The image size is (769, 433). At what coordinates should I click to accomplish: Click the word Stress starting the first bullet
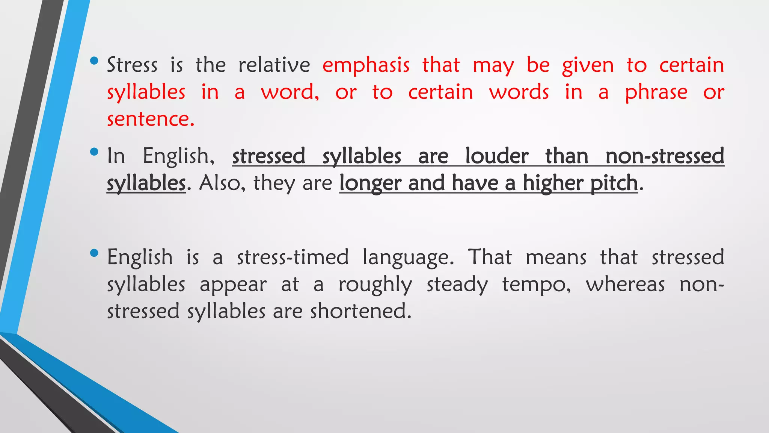(132, 65)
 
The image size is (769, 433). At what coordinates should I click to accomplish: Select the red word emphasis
(366, 65)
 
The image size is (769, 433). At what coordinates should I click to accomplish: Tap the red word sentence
(151, 119)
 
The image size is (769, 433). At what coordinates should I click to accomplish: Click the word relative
(274, 65)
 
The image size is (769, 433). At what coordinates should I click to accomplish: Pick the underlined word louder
(497, 156)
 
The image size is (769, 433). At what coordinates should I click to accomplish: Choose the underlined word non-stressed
(665, 156)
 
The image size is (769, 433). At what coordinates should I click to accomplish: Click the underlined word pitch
(614, 183)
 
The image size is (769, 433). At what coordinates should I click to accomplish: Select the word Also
(220, 183)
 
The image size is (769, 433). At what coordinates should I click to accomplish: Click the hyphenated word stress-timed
(293, 257)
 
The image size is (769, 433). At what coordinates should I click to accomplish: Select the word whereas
(625, 284)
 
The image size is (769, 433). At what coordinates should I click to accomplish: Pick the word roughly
(375, 285)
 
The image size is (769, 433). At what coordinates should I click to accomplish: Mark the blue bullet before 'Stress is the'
(94, 61)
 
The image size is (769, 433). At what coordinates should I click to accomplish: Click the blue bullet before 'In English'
(94, 152)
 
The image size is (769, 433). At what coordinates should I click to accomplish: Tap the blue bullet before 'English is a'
(94, 253)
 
